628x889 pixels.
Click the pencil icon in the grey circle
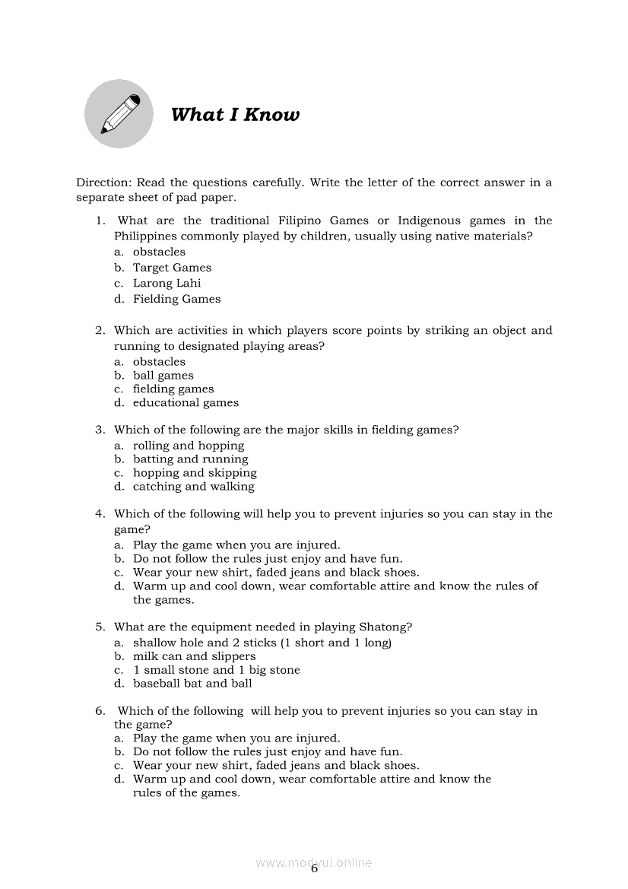(119, 114)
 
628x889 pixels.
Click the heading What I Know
(235, 115)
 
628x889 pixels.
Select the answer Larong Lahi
(167, 284)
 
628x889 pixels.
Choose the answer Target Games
(172, 268)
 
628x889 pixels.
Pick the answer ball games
(163, 376)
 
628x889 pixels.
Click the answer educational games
(186, 403)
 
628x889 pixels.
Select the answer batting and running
(190, 459)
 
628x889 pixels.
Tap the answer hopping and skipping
(195, 473)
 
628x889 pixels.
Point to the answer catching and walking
(193, 487)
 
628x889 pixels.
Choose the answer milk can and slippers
(194, 656)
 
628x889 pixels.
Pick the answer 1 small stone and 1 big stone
(216, 670)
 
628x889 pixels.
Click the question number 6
(100, 711)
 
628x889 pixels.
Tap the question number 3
(100, 430)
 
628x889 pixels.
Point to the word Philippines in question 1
(147, 237)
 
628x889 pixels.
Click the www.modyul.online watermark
(313, 863)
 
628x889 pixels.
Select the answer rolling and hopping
(189, 446)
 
